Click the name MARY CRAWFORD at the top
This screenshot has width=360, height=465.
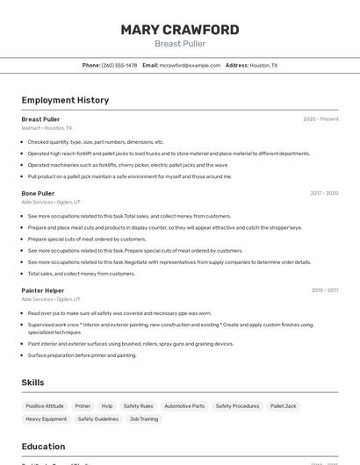point(180,30)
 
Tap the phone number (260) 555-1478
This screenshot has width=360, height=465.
point(119,65)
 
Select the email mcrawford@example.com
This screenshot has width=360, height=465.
point(190,65)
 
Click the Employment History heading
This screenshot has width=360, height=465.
point(65,100)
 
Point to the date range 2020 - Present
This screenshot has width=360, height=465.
point(320,119)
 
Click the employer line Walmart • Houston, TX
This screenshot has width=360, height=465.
point(47,128)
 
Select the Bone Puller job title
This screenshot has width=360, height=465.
point(38,193)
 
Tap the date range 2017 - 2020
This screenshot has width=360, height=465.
point(324,193)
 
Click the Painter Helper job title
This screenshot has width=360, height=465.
point(43,290)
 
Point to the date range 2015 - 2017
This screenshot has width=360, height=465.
point(324,290)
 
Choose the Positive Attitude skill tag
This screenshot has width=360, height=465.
point(45,406)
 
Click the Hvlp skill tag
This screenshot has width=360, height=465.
point(107,406)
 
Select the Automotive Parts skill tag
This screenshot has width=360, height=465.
point(184,406)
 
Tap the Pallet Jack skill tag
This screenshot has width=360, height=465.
point(284,406)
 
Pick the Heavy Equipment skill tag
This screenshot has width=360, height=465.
point(47,419)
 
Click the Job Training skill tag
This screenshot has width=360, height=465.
point(144,419)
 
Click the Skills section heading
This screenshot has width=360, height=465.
point(33,383)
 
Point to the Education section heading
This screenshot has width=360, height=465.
point(43,447)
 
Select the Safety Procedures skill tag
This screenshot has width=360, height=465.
point(237,406)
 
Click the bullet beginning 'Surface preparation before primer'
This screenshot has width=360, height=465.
point(82,355)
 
